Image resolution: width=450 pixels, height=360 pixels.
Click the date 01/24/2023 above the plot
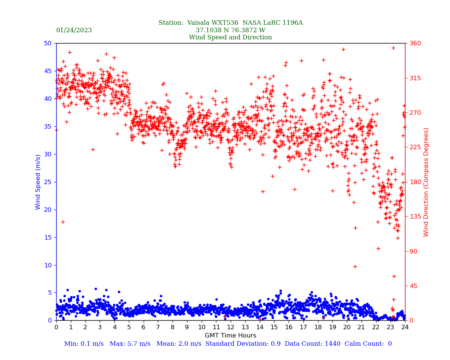pyautogui.click(x=74, y=30)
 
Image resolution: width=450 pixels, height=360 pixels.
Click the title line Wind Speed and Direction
pyautogui.click(x=230, y=37)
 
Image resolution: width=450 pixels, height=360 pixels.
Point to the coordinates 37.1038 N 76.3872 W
pyautogui.click(x=230, y=30)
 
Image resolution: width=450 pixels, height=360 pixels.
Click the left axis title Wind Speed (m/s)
pyautogui.click(x=38, y=182)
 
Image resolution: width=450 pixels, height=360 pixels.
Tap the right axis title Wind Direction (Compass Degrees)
pyautogui.click(x=426, y=182)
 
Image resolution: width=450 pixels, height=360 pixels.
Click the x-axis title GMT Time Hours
pyautogui.click(x=230, y=336)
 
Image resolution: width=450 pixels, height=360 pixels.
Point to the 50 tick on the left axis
pyautogui.click(x=47, y=43)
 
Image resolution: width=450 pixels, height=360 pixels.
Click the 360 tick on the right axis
pyautogui.click(x=415, y=43)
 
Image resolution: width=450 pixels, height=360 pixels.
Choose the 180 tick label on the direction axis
pyautogui.click(x=415, y=182)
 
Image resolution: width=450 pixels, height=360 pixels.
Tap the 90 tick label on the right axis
pyautogui.click(x=413, y=251)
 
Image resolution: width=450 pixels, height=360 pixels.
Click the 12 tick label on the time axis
pyautogui.click(x=231, y=327)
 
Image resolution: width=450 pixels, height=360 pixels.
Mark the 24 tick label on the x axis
pyautogui.click(x=405, y=327)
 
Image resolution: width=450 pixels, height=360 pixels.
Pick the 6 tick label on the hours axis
pyautogui.click(x=143, y=327)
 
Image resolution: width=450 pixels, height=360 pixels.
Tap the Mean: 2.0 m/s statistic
pyautogui.click(x=179, y=344)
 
